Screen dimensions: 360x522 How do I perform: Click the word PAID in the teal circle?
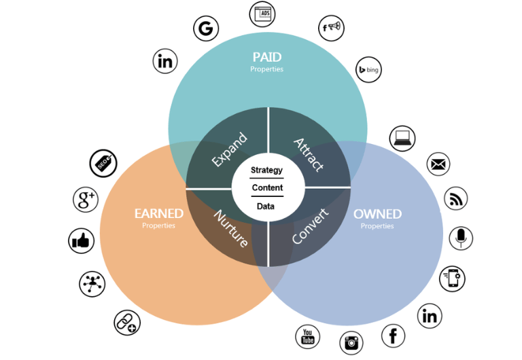click(266, 56)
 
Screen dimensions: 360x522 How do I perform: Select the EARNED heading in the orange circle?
click(158, 214)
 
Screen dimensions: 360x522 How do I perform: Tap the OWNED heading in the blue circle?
click(377, 214)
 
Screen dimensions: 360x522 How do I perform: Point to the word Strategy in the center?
click(266, 170)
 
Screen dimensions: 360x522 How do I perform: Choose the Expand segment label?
click(229, 150)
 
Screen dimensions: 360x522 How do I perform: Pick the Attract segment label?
click(309, 154)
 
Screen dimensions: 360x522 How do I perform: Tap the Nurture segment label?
click(231, 228)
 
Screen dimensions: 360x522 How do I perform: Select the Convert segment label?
click(310, 227)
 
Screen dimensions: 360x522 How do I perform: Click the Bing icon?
click(369, 69)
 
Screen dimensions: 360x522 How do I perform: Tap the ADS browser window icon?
click(263, 13)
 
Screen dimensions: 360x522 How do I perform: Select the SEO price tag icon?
click(103, 163)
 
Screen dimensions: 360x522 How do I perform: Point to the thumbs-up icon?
click(82, 241)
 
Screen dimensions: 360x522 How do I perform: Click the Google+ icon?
click(86, 200)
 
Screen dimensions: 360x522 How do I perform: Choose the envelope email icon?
click(438, 164)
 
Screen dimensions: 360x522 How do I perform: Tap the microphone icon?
click(461, 238)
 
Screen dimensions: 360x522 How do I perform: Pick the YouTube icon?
click(307, 336)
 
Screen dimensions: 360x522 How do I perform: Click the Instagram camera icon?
click(351, 343)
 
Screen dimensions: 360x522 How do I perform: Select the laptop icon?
click(402, 138)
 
